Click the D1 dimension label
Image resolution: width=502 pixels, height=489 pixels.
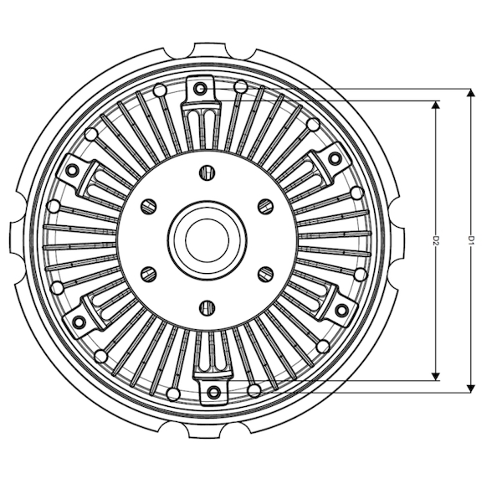click(x=470, y=240)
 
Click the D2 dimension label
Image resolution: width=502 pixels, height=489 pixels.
click(x=435, y=240)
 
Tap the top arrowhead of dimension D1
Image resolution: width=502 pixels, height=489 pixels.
click(x=470, y=93)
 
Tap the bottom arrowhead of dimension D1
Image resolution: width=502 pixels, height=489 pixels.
click(x=470, y=389)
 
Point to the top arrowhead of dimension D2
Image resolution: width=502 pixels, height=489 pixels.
click(x=435, y=106)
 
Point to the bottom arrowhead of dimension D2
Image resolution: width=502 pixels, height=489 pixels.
click(x=435, y=377)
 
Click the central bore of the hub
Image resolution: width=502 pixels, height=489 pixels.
click(x=207, y=239)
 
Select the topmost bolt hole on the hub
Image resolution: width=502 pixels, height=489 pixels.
click(x=207, y=172)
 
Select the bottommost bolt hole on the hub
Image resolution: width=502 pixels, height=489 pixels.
click(x=207, y=307)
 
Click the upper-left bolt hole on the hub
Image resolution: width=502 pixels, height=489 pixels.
click(x=149, y=206)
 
